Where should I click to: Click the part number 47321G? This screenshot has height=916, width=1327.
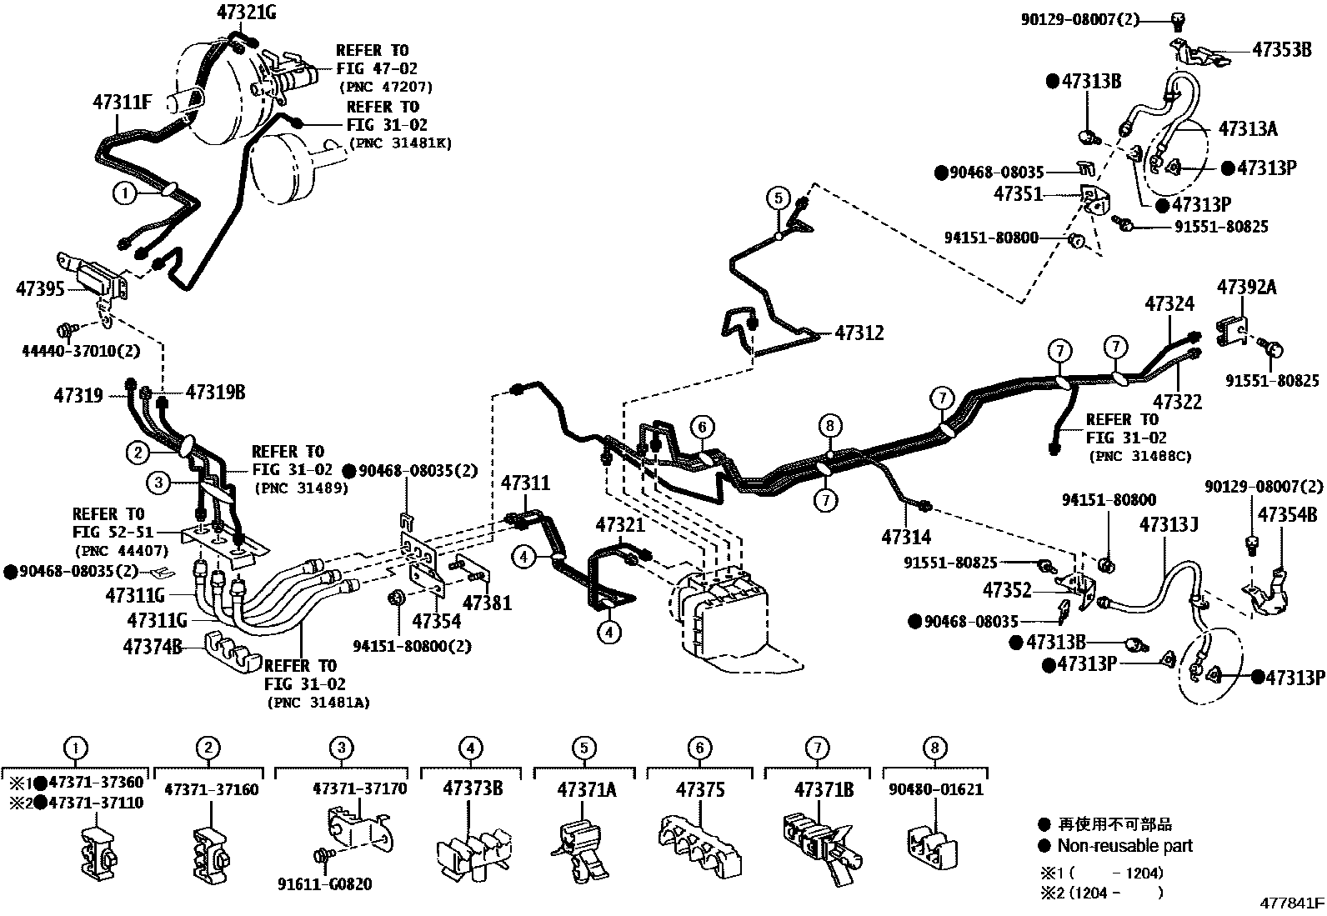[x=246, y=12]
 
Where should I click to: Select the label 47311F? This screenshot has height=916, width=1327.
[x=123, y=103]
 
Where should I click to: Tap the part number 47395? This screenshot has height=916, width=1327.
[x=40, y=289]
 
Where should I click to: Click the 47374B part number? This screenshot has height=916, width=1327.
[x=153, y=646]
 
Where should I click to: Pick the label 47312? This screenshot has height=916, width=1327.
[x=859, y=333]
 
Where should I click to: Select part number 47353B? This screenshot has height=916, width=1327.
[x=1282, y=49]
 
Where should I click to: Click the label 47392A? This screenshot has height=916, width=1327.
[x=1247, y=287]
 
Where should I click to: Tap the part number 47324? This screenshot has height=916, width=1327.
[x=1169, y=303]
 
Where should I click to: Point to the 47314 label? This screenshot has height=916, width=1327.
[x=906, y=538]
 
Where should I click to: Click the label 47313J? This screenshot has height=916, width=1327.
[x=1169, y=524]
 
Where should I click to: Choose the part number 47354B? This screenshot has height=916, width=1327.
[x=1287, y=514]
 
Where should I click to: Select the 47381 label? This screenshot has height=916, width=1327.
[x=487, y=602]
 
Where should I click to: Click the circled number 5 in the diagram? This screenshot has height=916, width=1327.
[x=778, y=198]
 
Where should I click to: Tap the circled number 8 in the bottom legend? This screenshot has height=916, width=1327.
[x=935, y=748]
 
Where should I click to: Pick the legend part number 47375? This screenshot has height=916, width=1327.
[x=700, y=788]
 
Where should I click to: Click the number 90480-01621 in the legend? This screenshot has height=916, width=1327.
[x=935, y=788]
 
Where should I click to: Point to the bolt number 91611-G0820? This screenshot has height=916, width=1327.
[x=324, y=883]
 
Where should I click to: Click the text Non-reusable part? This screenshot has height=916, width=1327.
[x=1124, y=845]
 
